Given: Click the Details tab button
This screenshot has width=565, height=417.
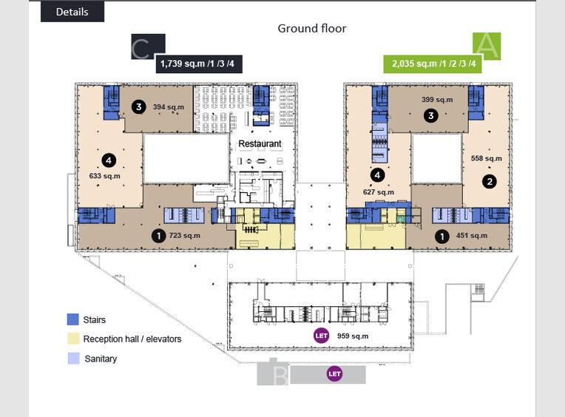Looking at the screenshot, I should [72, 12].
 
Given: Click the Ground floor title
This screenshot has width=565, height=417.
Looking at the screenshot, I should [311, 29].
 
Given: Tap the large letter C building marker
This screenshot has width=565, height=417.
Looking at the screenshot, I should [142, 49].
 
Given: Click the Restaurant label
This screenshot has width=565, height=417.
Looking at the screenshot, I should [260, 143].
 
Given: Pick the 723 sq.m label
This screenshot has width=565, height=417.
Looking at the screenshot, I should [185, 236].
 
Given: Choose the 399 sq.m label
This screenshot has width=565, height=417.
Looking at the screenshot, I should [437, 100].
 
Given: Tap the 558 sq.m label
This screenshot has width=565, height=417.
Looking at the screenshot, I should [486, 158].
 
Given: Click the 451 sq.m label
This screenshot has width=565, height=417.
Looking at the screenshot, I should [472, 236].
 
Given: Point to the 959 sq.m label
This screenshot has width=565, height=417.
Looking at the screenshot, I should [353, 336].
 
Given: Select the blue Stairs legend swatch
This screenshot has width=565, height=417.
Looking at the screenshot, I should [72, 320].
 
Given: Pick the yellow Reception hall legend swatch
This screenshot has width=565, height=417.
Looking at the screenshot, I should [72, 339].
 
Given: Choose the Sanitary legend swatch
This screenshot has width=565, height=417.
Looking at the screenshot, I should [72, 359].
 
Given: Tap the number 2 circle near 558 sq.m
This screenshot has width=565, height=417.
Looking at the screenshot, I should [489, 180].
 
